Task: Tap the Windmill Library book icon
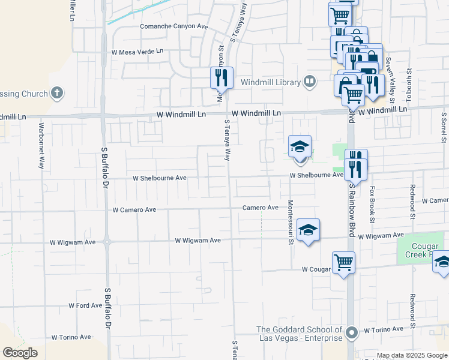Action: pyautogui.click(x=310, y=81)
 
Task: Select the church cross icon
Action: pyautogui.click(x=56, y=93)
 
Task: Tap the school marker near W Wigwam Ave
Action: pyautogui.click(x=308, y=230)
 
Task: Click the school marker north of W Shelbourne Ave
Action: pyautogui.click(x=300, y=146)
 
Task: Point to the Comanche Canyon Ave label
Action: pyautogui.click(x=173, y=26)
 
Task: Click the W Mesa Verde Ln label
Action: pyautogui.click(x=137, y=52)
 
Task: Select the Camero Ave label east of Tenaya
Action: pyautogui.click(x=260, y=208)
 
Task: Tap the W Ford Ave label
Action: pyautogui.click(x=85, y=305)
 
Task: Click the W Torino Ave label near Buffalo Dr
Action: pyautogui.click(x=71, y=338)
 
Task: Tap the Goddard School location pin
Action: pyautogui.click(x=352, y=332)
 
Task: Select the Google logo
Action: pyautogui.click(x=20, y=353)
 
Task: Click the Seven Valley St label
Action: pyautogui.click(x=389, y=71)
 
